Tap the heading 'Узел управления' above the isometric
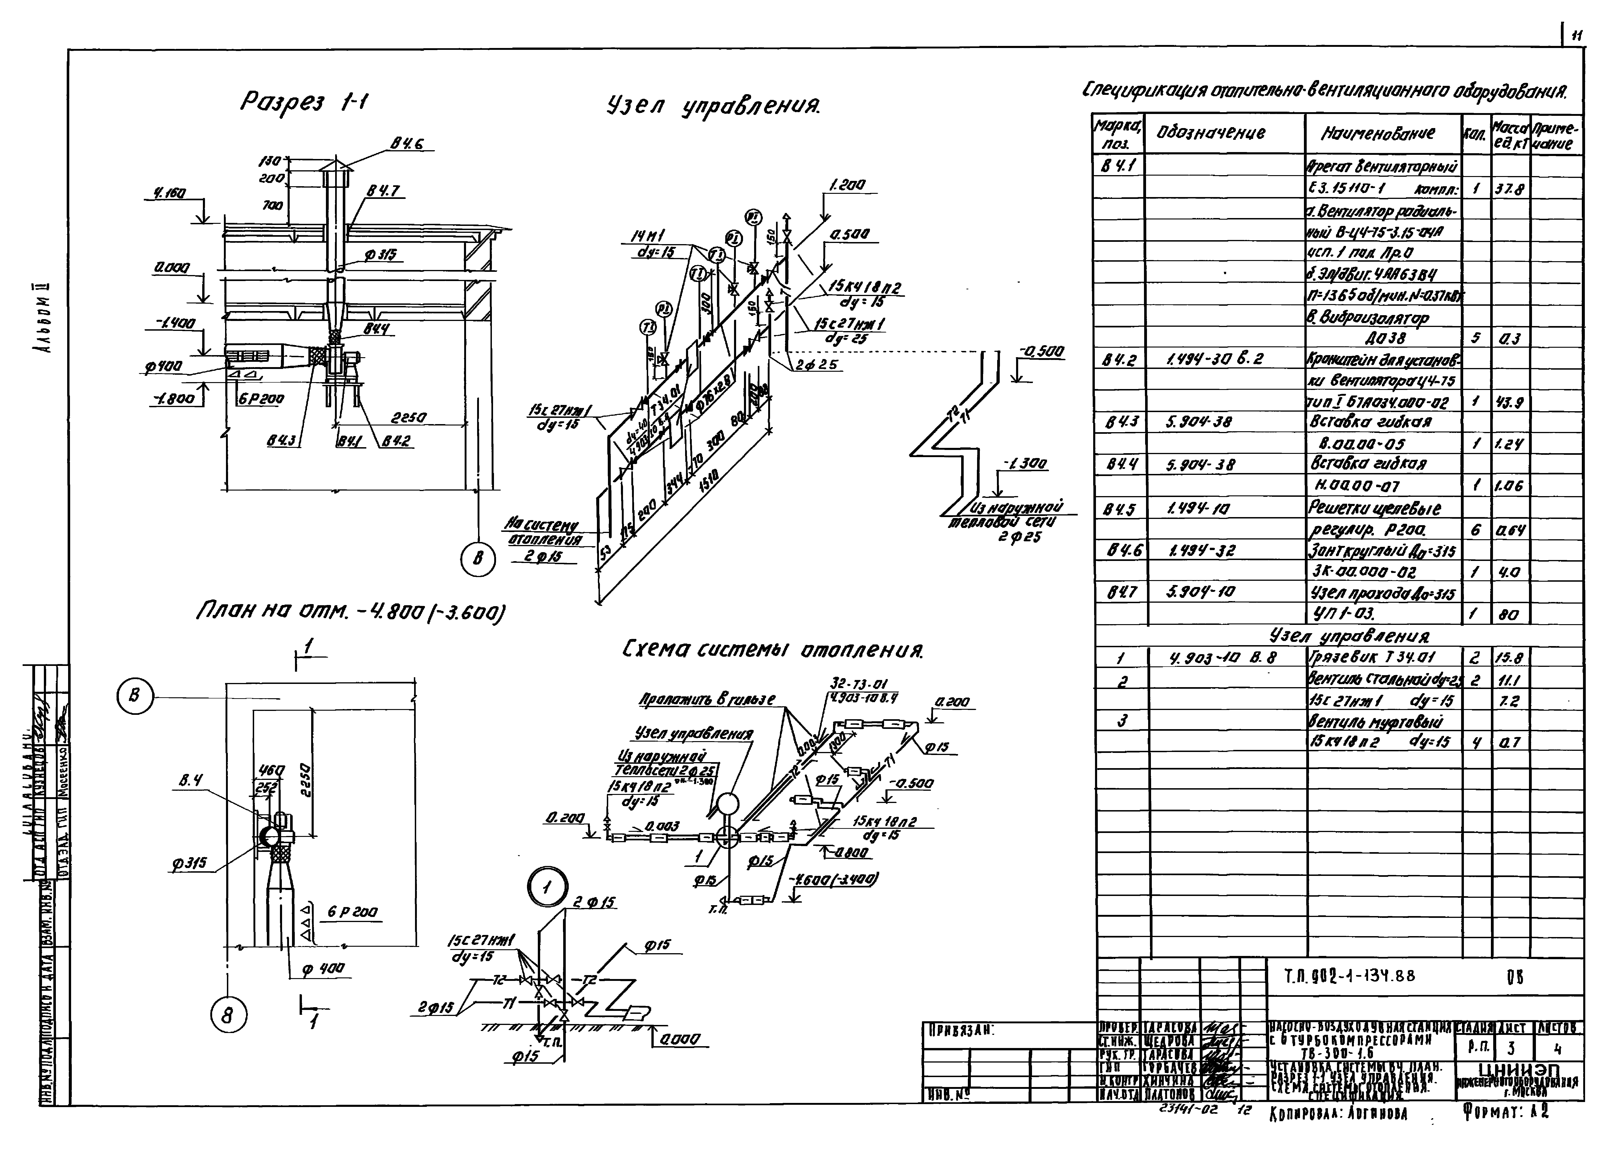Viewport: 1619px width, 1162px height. click(x=712, y=107)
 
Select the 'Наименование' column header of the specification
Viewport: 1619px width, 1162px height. click(x=1378, y=133)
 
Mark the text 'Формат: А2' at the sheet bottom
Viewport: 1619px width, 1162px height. click(x=1505, y=1111)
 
